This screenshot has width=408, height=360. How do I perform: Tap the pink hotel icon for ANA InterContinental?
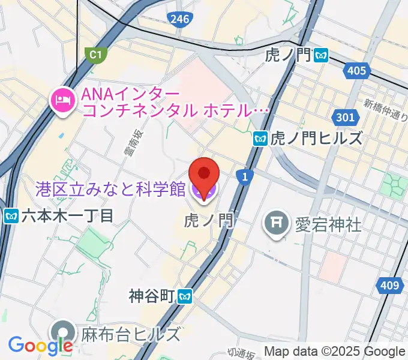(x=63, y=99)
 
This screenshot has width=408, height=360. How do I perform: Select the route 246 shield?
(x=179, y=19)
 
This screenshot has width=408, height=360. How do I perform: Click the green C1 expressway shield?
(x=95, y=55)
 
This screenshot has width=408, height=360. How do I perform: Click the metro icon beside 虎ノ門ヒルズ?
(x=260, y=139)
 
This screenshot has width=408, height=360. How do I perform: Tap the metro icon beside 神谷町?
(x=186, y=296)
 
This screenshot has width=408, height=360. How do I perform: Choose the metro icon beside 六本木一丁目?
(x=10, y=215)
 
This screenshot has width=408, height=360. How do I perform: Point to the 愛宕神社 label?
(x=328, y=224)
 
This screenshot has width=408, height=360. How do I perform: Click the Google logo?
(x=41, y=346)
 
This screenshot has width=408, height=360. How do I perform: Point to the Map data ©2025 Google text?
(x=335, y=352)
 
